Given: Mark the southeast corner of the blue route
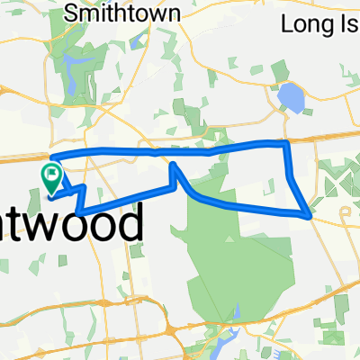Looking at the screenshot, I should (310, 216).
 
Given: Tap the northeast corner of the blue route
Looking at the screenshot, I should (286, 142).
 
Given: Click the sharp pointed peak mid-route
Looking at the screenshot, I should (171, 163).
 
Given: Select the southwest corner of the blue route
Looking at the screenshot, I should (79, 211).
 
